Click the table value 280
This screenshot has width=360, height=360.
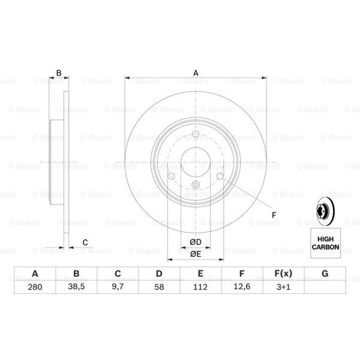(x=35, y=287)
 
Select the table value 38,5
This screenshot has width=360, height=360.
(x=76, y=287)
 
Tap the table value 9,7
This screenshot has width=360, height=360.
(x=118, y=287)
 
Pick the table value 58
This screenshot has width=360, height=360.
(x=159, y=287)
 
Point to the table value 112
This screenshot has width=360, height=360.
(x=200, y=287)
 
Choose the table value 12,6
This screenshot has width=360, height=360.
(x=242, y=287)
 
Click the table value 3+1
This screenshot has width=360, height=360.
(x=283, y=287)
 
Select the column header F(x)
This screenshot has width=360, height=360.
(x=283, y=274)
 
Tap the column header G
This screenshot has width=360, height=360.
(x=325, y=274)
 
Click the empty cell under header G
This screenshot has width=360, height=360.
(x=325, y=287)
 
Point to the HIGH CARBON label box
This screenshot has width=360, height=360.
(x=326, y=243)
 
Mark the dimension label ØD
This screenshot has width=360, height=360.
(x=195, y=242)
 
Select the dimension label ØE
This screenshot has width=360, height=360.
(x=195, y=255)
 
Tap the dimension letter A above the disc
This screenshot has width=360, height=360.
(x=196, y=73)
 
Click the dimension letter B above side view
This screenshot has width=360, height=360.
(x=59, y=73)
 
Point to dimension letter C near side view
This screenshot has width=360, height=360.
(x=85, y=242)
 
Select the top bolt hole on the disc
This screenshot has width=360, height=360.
(x=196, y=134)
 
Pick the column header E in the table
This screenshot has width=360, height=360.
(x=200, y=274)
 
